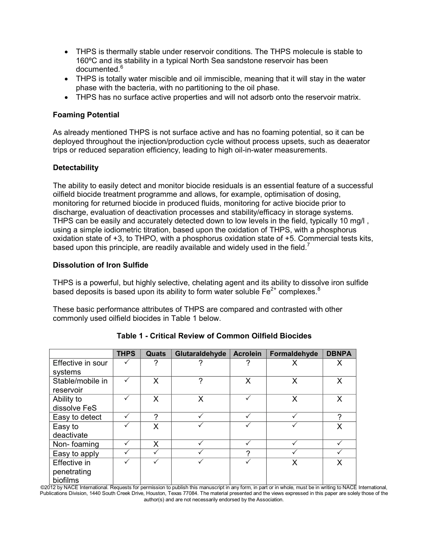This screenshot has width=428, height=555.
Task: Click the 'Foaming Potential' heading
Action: [86, 115]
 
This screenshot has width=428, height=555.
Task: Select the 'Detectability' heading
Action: [75, 168]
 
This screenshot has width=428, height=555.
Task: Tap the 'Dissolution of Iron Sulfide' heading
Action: [100, 265]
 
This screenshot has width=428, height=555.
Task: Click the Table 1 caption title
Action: [214, 336]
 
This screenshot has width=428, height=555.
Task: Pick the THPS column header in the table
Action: [126, 354]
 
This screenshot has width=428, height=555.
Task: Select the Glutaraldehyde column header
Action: [200, 354]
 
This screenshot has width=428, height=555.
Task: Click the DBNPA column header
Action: [339, 354]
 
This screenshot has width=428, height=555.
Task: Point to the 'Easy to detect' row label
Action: [77, 417]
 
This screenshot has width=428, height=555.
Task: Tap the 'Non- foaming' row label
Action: [76, 444]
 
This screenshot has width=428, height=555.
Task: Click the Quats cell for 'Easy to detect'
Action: [155, 417]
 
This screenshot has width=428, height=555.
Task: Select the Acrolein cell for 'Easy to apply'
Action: [248, 454]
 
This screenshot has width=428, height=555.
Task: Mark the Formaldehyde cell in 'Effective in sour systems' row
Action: [294, 363]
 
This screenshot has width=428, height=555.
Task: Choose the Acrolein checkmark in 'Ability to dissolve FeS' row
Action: [248, 398]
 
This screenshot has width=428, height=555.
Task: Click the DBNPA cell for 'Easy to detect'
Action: [339, 417]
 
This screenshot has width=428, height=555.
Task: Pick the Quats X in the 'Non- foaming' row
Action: [155, 444]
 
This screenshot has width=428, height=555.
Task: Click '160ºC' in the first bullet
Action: [87, 60]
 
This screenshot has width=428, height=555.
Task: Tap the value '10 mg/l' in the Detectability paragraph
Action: [352, 221]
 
